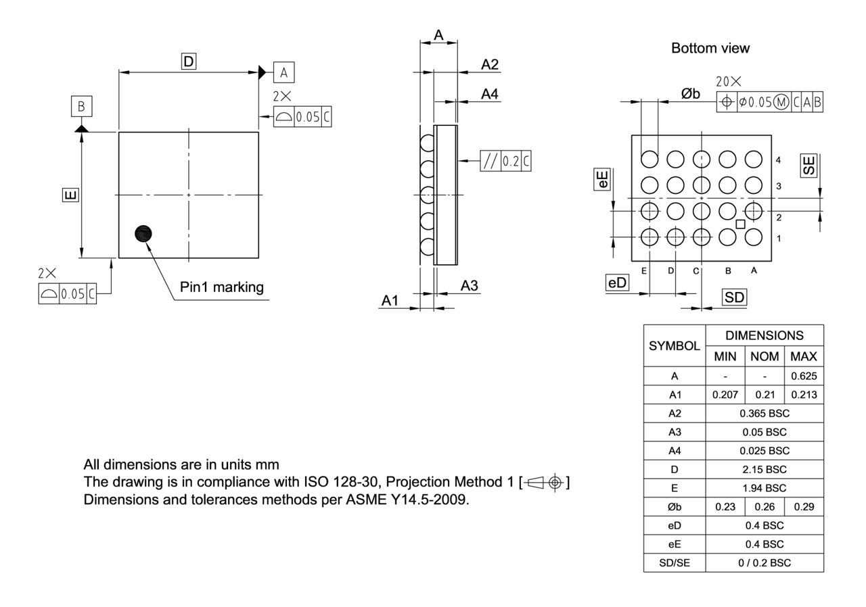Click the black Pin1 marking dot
tap(143, 233)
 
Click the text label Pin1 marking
tap(221, 287)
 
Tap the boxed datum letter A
tap(284, 72)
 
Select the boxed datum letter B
tap(81, 107)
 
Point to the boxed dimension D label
tap(188, 62)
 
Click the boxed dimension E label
tap(70, 195)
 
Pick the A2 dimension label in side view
tap(489, 64)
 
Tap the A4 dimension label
tap(489, 95)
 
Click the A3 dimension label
tap(470, 286)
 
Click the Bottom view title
tap(710, 48)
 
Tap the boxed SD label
tap(734, 297)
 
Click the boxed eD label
tap(617, 283)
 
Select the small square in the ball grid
tap(741, 224)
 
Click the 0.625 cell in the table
tap(803, 376)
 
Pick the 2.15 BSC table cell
tap(765, 469)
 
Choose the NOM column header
tap(765, 356)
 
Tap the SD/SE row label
tap(674, 562)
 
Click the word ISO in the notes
tap(311, 483)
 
